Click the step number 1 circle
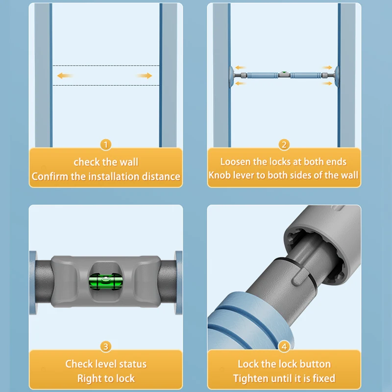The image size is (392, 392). [105, 145]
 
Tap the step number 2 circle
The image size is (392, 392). [284, 145]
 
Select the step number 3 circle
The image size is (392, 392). [105, 346]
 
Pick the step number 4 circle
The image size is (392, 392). [284, 346]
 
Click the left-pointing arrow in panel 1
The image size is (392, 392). [65, 75]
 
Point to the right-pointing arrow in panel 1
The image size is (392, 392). [144, 75]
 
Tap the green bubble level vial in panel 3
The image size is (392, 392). [106, 282]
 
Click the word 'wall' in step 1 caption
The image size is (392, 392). [129, 162]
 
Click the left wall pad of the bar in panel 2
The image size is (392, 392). [231, 75]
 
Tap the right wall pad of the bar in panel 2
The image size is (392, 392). [336, 75]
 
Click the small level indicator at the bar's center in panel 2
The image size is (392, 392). [284, 74]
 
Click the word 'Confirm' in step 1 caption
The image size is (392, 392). [50, 176]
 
